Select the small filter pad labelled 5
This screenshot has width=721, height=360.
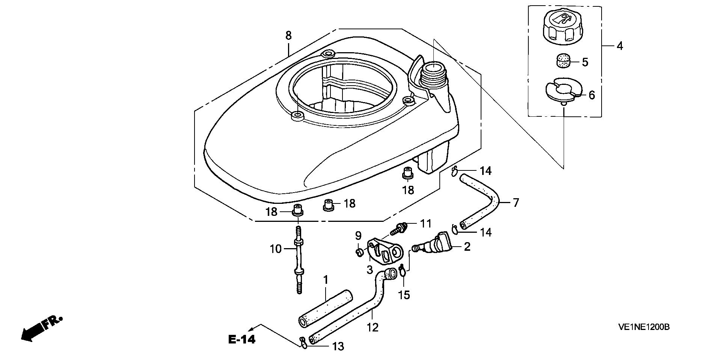point(562,61)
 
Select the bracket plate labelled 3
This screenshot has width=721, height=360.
point(385,250)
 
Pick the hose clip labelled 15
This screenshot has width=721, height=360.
point(402,270)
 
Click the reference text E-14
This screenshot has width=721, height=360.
point(242,340)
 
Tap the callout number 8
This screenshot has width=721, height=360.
point(288,36)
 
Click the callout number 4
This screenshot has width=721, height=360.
point(620,46)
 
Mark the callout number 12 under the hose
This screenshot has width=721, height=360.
point(373,327)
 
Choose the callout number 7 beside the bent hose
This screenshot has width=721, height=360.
point(516,203)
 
